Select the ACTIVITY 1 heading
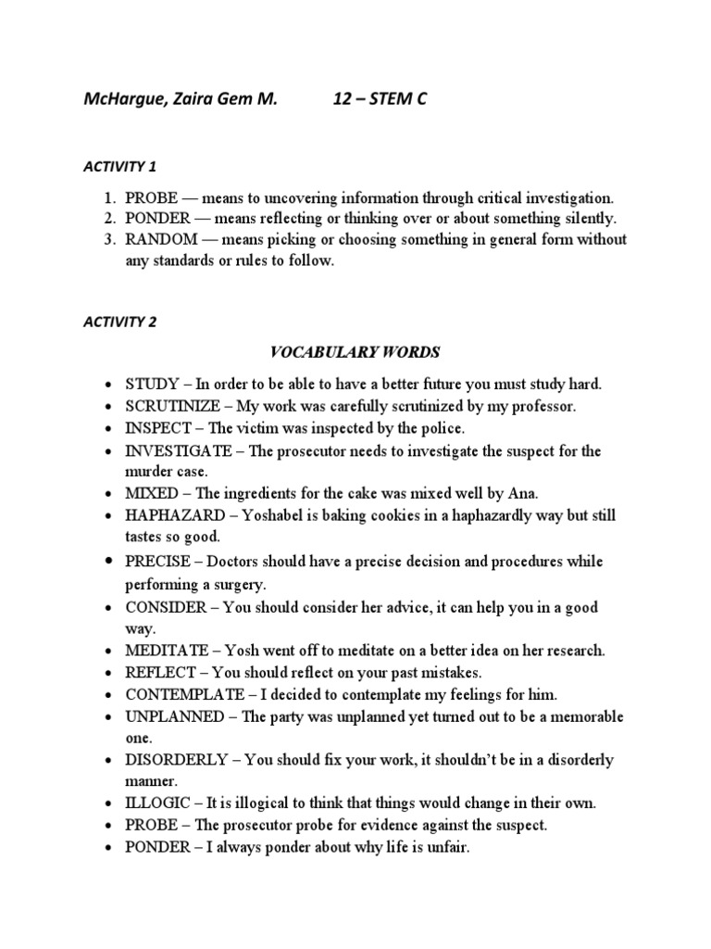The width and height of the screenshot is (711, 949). (x=120, y=167)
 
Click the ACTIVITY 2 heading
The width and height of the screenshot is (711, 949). (x=120, y=323)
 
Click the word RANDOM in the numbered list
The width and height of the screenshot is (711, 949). (x=160, y=239)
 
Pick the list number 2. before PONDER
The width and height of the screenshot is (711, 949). (x=109, y=219)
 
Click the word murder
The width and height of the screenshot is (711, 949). (x=150, y=473)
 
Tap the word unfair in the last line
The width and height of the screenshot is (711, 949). (x=449, y=847)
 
